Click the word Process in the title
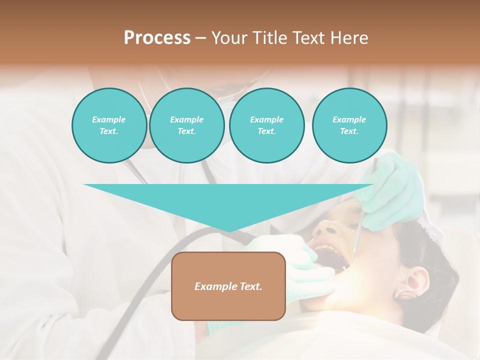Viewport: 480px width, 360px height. (157, 38)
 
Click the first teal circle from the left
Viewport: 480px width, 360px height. (109, 125)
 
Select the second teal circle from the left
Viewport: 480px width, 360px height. (186, 125)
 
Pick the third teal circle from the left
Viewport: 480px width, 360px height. (266, 125)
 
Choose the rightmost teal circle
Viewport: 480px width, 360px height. (349, 125)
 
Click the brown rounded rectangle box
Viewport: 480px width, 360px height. (228, 286)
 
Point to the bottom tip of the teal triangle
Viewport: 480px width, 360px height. (229, 231)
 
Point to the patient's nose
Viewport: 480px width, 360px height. (327, 230)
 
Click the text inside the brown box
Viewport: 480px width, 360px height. (228, 286)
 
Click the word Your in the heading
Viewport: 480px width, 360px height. (229, 38)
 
